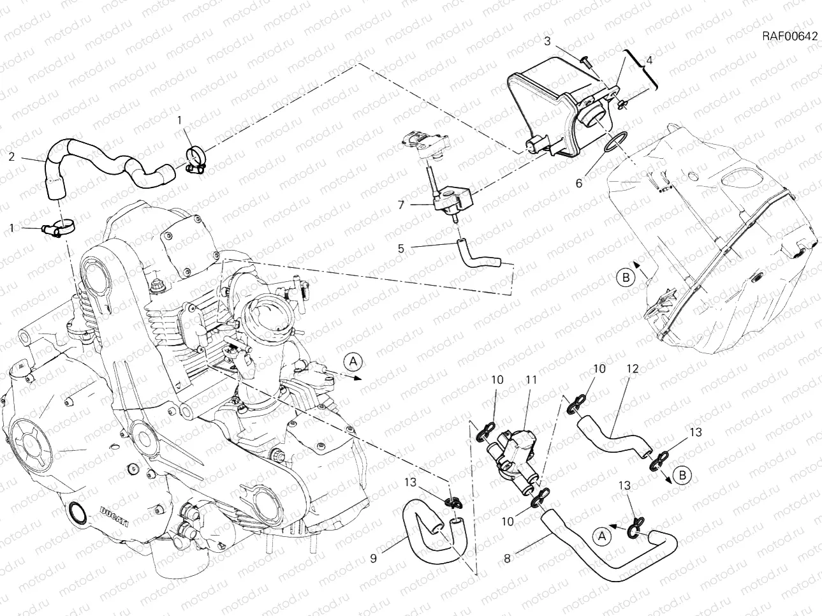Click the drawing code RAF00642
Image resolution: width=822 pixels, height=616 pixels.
click(x=789, y=36)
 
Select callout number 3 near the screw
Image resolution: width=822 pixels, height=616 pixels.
click(x=547, y=41)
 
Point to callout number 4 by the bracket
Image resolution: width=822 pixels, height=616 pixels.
click(x=649, y=61)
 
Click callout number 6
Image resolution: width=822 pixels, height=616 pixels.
click(x=578, y=183)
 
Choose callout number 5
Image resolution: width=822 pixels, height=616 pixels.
click(x=400, y=248)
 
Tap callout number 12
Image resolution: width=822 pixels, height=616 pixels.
click(x=632, y=369)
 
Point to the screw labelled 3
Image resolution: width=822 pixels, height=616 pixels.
click(x=586, y=61)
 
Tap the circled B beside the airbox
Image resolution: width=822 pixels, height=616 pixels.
click(x=626, y=277)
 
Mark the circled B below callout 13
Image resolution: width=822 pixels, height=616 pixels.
click(x=680, y=476)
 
